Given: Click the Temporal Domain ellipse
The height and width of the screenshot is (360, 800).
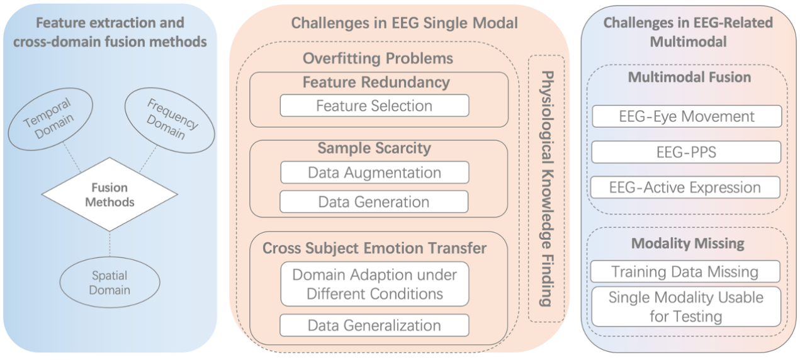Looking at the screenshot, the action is [50, 120].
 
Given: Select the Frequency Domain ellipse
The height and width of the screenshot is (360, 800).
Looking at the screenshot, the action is [170, 120].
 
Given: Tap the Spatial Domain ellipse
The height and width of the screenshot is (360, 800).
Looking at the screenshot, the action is [110, 282].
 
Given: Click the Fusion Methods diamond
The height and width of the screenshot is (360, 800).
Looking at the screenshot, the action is [110, 194].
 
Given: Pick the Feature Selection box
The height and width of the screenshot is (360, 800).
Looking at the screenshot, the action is [375, 105].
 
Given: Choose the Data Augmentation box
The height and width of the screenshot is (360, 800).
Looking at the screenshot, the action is [375, 172].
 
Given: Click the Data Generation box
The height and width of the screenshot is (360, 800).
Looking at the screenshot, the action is [374, 202].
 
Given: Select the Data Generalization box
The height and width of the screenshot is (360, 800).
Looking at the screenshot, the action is [375, 325].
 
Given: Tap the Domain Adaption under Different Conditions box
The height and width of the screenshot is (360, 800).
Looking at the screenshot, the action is [375, 284].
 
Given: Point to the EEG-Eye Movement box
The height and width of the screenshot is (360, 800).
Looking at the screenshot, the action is [687, 116].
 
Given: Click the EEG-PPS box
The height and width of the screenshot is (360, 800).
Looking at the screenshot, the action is [686, 152].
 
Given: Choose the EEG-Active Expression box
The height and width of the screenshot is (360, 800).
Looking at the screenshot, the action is [685, 187].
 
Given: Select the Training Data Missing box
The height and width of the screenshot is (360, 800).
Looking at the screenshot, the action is [685, 271].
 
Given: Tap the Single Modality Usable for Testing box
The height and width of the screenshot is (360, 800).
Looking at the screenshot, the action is [686, 307].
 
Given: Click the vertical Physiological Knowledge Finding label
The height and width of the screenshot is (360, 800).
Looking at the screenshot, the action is [547, 189].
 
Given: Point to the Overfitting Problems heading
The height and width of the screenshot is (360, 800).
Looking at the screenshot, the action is [378, 58].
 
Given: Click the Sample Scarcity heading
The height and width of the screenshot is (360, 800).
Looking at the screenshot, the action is [375, 148].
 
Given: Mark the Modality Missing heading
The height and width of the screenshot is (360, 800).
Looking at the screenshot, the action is [687, 243].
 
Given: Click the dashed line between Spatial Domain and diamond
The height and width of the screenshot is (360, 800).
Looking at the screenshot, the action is [110, 244].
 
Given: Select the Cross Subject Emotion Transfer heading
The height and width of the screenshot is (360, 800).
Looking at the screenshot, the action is [375, 248].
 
